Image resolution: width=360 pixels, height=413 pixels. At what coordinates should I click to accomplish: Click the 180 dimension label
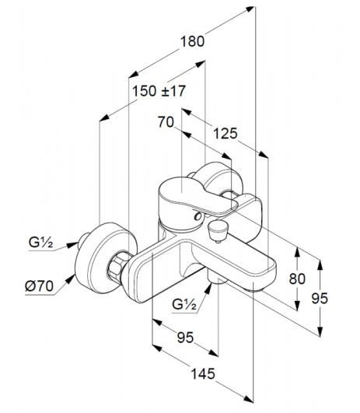click(192, 42)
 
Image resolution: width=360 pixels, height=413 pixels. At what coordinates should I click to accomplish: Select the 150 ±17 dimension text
click(159, 91)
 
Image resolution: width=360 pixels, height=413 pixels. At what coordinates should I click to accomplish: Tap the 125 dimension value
click(225, 133)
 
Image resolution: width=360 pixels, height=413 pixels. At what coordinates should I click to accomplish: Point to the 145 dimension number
click(203, 374)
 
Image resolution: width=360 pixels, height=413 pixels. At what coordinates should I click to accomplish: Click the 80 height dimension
click(297, 278)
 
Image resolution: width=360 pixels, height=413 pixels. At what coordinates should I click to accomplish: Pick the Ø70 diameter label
click(39, 286)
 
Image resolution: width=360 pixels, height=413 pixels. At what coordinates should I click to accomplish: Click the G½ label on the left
click(40, 243)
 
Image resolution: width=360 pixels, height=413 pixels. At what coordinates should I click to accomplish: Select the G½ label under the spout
click(184, 305)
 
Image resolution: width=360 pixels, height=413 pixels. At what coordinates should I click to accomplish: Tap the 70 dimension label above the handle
click(166, 122)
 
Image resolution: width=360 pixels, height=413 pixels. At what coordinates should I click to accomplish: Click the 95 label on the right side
click(320, 299)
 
